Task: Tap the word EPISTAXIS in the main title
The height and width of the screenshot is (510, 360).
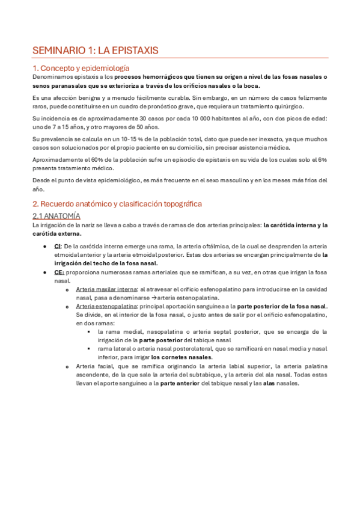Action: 135,51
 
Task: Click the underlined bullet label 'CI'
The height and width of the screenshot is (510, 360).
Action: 57,246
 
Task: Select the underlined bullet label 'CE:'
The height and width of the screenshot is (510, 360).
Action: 59,272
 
